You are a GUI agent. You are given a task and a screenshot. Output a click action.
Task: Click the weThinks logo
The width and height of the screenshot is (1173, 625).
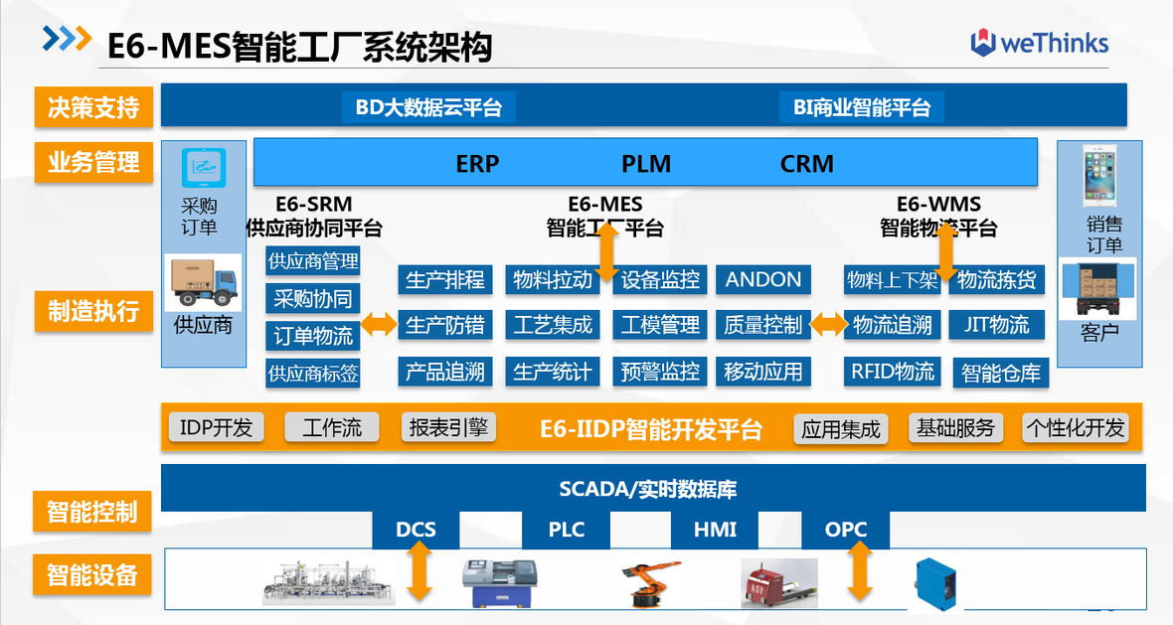[x=1039, y=43]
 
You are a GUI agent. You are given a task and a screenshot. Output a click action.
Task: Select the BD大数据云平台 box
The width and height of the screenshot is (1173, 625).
[x=428, y=107]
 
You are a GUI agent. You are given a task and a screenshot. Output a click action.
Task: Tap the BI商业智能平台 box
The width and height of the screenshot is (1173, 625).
[x=862, y=107]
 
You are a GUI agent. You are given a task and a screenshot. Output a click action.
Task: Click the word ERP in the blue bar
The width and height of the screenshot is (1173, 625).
[x=477, y=164]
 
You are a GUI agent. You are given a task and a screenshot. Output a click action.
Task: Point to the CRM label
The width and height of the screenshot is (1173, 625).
[x=806, y=164]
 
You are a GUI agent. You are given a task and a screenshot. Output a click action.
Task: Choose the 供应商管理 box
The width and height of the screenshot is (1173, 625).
[x=313, y=262]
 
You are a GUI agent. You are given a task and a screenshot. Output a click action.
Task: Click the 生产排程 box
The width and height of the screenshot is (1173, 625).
[x=445, y=280]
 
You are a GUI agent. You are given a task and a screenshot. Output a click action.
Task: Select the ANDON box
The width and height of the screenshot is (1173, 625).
[x=763, y=280]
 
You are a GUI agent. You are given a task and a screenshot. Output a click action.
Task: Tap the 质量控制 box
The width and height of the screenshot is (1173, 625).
[x=762, y=325]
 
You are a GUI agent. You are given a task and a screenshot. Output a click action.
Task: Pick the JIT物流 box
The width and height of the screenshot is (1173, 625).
[x=996, y=325]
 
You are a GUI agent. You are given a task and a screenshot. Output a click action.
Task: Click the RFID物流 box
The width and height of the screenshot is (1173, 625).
[x=892, y=373]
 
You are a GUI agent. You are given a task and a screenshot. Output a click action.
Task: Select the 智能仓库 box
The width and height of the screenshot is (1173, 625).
[x=1001, y=374]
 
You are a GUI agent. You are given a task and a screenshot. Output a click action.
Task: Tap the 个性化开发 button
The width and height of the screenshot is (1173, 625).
[x=1076, y=428]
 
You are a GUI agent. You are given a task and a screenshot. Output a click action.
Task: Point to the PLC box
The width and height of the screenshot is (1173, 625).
[x=567, y=530]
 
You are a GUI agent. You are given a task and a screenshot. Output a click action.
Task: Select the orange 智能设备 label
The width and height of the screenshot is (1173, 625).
[x=93, y=575]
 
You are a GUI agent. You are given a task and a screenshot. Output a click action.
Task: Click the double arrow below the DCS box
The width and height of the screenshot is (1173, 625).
[x=419, y=573]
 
